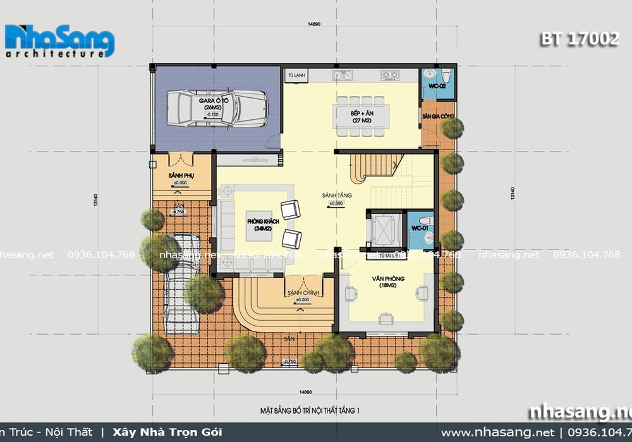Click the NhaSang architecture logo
(x=59, y=42)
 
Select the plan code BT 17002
(x=579, y=39)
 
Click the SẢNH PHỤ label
(x=179, y=175)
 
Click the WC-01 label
(x=420, y=227)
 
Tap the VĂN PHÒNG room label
(x=388, y=281)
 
